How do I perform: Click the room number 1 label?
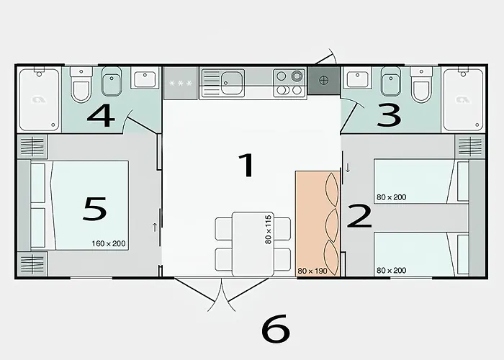247,166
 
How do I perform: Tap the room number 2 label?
359,216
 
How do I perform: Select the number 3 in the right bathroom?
388,115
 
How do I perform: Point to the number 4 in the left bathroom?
101,115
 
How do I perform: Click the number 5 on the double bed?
94,208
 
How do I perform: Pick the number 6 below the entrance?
275,329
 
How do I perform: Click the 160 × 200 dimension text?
109,243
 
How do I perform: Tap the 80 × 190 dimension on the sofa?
312,271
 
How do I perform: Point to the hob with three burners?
289,83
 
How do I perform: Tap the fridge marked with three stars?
180,84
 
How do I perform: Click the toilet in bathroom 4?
81,86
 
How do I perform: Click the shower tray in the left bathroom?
39,99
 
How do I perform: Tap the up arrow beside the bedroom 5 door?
154,227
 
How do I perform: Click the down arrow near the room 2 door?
348,168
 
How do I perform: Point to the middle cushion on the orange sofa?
331,220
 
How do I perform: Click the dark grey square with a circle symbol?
324,80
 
